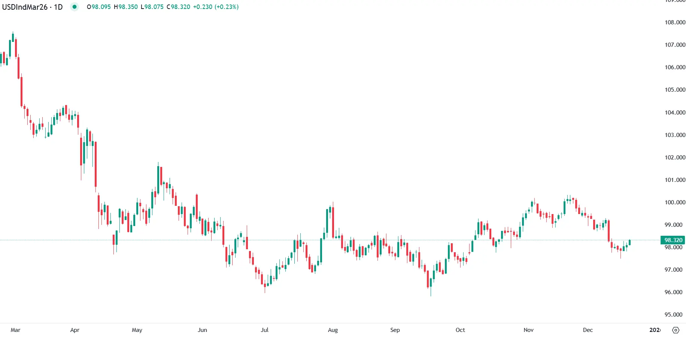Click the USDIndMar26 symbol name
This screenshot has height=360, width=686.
pos(25,7)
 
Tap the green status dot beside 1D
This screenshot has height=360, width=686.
pos(75,7)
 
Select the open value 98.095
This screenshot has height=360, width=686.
pos(101,7)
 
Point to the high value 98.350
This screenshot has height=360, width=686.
pos(128,7)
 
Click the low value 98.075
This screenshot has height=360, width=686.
pos(154,7)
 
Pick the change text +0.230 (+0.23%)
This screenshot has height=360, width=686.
pos(216,7)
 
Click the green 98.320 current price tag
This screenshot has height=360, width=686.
pos(673,240)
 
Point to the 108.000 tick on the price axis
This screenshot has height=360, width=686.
pos(675,22)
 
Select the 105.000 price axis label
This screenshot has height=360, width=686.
pos(675,90)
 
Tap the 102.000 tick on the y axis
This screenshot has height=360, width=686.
pos(675,158)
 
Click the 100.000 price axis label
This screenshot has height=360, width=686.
pos(675,202)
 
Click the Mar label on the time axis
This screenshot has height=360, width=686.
pos(15,330)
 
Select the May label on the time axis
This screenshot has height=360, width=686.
pos(137,330)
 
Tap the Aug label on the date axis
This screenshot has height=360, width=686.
pos(333,330)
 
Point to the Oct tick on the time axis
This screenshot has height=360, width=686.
pos(460,330)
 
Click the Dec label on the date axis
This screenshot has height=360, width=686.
pos(588,330)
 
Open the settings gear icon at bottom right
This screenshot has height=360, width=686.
pos(676,330)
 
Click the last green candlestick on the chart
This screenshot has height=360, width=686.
pos(630,242)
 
